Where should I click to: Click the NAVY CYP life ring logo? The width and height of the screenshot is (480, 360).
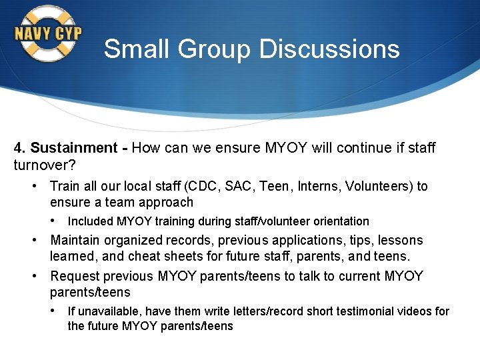(x=47, y=33)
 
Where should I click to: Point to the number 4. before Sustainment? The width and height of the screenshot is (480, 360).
(x=20, y=148)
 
